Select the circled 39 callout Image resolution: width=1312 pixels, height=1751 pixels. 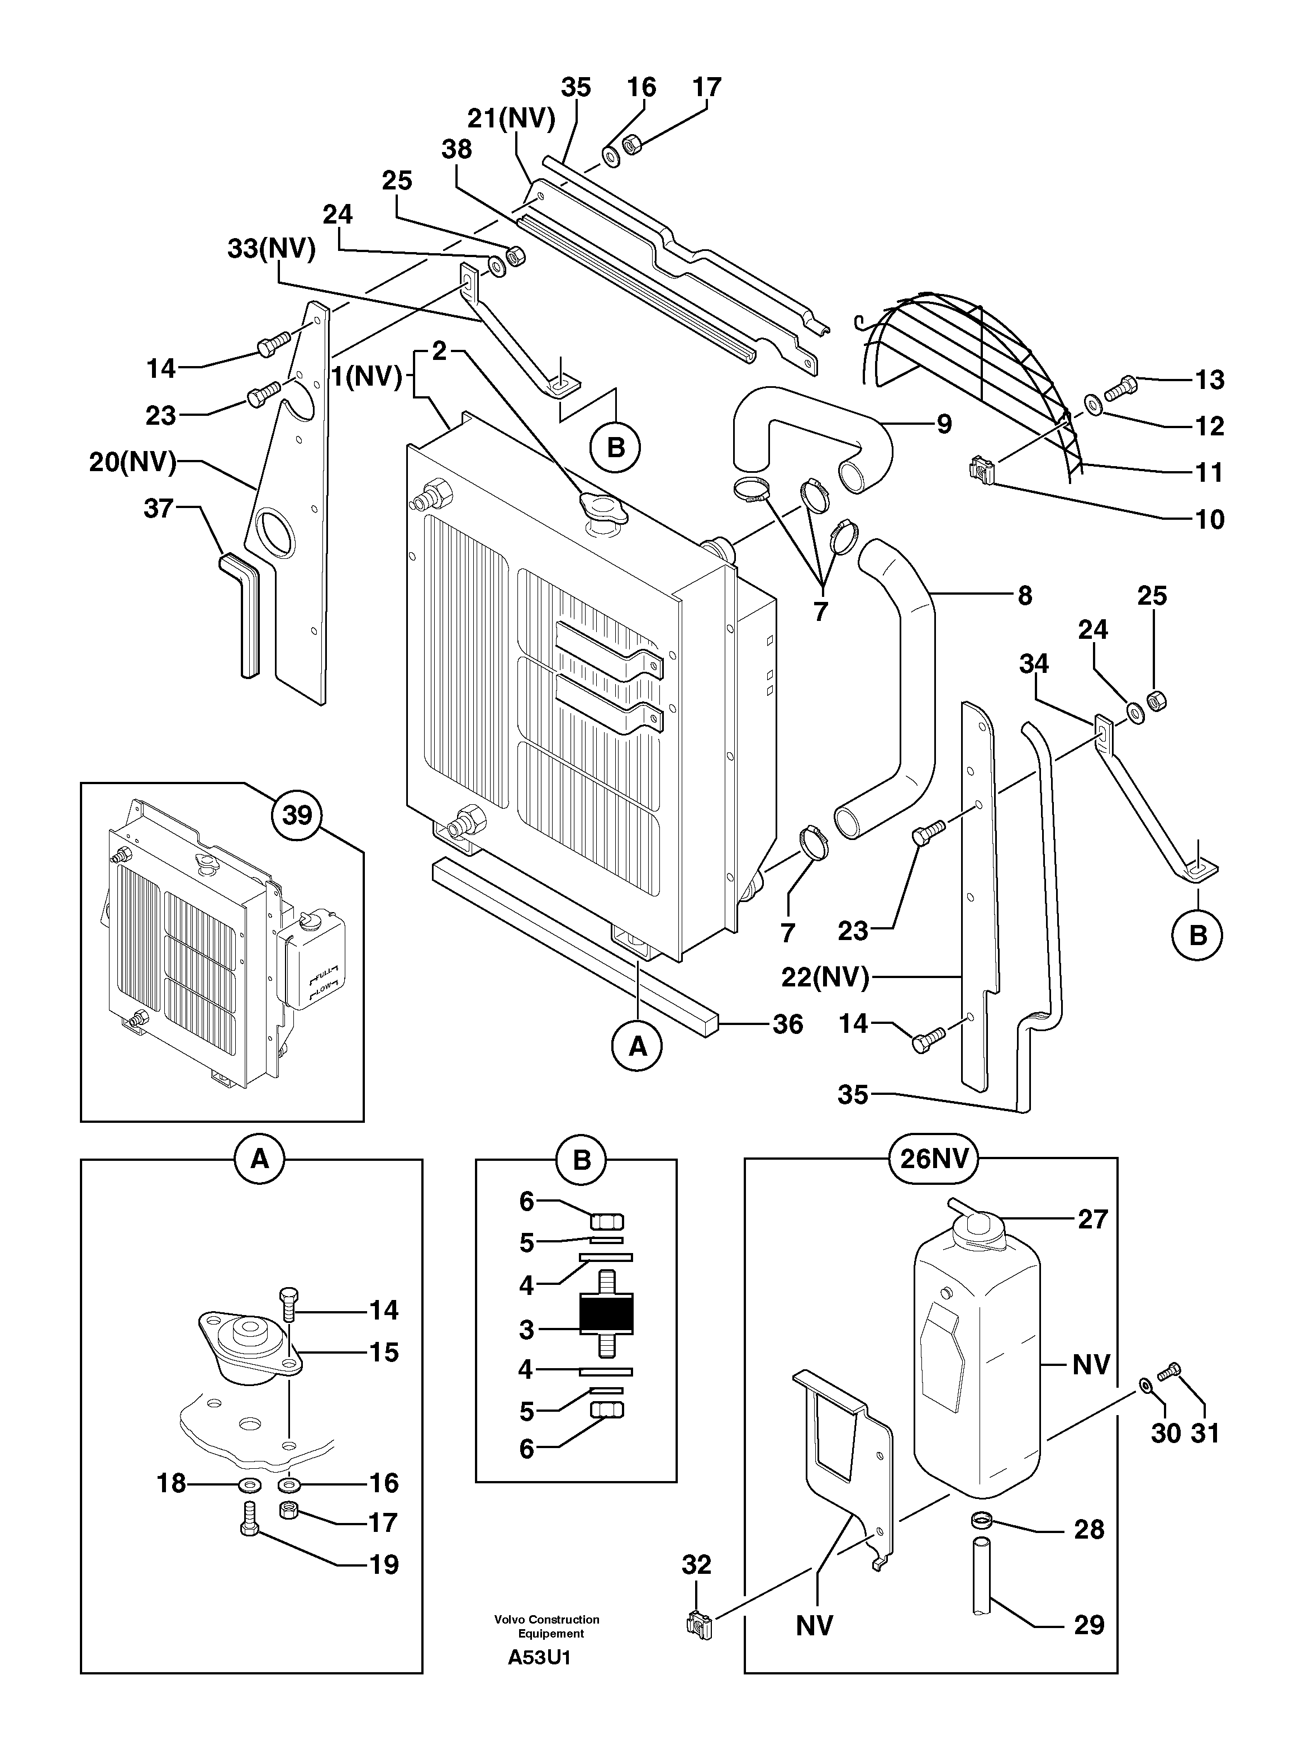[x=297, y=814]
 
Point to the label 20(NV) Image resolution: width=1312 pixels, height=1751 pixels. [x=132, y=462]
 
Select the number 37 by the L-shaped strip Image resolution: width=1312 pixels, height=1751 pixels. [x=158, y=508]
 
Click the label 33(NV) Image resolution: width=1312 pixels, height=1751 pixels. [x=272, y=249]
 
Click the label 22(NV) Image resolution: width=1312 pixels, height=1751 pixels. [x=825, y=977]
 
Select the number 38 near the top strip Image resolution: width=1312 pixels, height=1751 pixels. [x=457, y=150]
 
